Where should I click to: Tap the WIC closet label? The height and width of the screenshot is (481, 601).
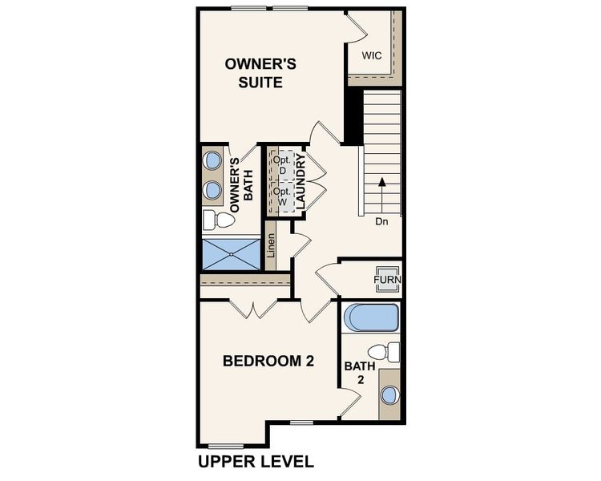point(371,56)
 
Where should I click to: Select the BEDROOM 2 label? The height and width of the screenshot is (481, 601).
point(268,362)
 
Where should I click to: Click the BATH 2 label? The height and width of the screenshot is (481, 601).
point(355,372)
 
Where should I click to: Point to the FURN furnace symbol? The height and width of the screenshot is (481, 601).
point(388,279)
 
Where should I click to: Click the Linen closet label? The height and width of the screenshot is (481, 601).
point(272,250)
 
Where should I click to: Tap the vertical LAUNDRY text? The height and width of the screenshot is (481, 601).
point(300,183)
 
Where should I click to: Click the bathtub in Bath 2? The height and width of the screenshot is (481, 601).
point(370,317)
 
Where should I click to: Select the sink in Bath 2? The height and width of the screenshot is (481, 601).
point(389,395)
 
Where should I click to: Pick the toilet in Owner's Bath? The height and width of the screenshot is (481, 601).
point(212,219)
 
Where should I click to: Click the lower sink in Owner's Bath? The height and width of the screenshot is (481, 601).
point(212,190)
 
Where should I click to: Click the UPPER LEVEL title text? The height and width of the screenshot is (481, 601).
point(256,462)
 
